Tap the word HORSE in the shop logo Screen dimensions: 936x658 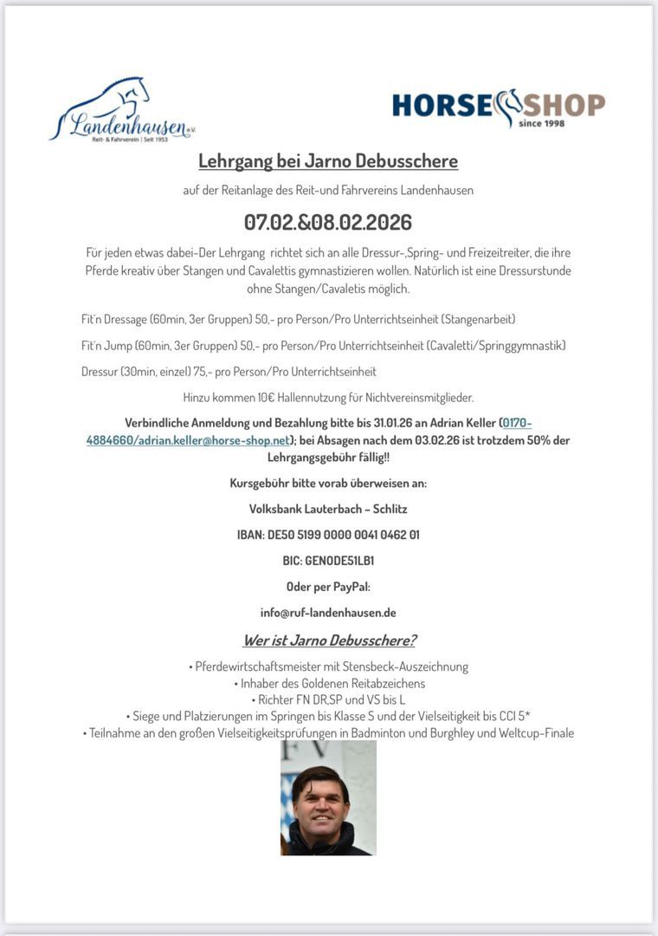pos(442,105)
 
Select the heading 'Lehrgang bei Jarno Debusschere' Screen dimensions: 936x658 pos(328,161)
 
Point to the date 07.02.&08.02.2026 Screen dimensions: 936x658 pos(328,222)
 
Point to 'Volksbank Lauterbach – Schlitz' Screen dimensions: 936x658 pos(328,509)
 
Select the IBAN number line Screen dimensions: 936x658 pos(328,535)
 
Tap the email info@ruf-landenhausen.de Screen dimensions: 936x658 pos(328,612)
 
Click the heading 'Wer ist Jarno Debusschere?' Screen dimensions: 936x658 pos(328,640)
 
